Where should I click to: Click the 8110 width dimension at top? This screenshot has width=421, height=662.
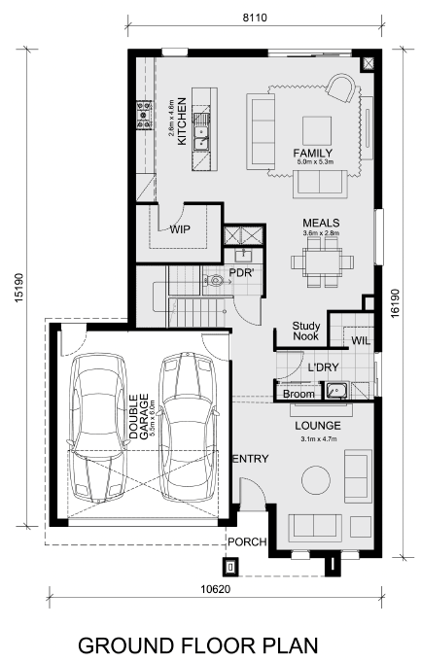pyautogui.click(x=255, y=17)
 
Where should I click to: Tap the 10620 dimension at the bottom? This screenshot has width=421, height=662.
pyautogui.click(x=215, y=589)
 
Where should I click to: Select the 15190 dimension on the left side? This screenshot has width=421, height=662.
pyautogui.click(x=19, y=288)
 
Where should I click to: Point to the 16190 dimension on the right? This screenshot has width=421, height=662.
pyautogui.click(x=395, y=303)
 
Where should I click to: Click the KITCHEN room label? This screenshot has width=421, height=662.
pyautogui.click(x=182, y=122)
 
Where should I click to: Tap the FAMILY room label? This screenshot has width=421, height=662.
pyautogui.click(x=313, y=153)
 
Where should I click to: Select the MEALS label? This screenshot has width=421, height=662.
pyautogui.click(x=321, y=223)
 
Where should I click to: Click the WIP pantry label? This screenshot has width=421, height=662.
pyautogui.click(x=180, y=229)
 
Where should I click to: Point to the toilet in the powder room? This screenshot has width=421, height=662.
pyautogui.click(x=214, y=279)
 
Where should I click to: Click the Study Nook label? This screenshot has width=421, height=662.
pyautogui.click(x=306, y=331)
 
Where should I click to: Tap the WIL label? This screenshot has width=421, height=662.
pyautogui.click(x=361, y=340)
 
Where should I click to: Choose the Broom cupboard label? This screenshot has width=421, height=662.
pyautogui.click(x=298, y=395)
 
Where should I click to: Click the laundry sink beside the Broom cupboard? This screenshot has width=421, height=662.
pyautogui.click(x=336, y=391)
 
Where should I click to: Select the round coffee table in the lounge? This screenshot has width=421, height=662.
pyautogui.click(x=316, y=480)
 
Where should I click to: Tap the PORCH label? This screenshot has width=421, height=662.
pyautogui.click(x=248, y=541)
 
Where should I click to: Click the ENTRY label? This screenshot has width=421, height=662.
pyautogui.click(x=251, y=459)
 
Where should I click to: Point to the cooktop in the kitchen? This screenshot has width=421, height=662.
pyautogui.click(x=144, y=114)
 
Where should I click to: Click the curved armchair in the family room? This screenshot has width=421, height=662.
pyautogui.click(x=341, y=87)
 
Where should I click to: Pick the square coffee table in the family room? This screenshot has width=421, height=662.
pyautogui.click(x=317, y=130)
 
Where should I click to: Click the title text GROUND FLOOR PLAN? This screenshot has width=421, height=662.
pyautogui.click(x=198, y=645)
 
